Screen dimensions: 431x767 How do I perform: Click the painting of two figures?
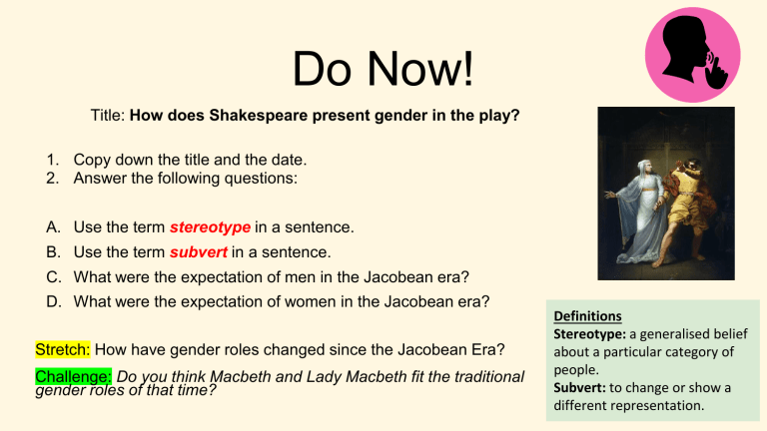(x=665, y=192)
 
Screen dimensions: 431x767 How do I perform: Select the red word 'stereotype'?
(x=210, y=227)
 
